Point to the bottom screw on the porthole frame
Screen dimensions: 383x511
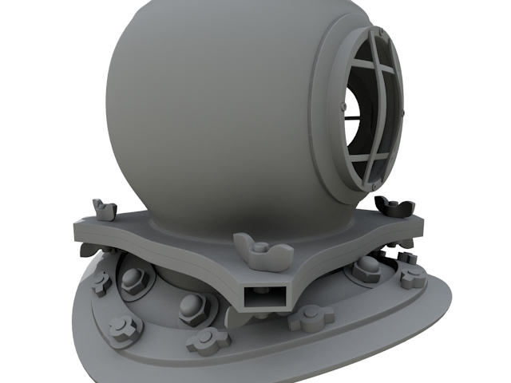(x=373, y=187)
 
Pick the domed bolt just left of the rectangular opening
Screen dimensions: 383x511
(x=194, y=306)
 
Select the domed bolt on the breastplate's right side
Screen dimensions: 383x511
(x=366, y=267)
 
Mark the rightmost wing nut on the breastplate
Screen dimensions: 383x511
(x=413, y=276)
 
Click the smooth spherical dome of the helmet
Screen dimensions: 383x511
(x=208, y=104)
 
